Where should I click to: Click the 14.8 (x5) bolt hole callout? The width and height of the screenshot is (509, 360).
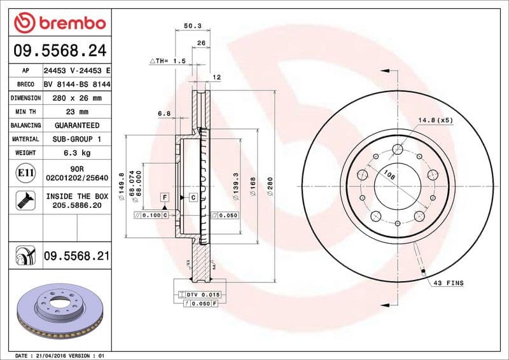pos(435,120)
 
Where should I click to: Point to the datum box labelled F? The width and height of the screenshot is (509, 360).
pos(164,198)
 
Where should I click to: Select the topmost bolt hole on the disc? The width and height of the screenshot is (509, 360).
pos(398,149)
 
